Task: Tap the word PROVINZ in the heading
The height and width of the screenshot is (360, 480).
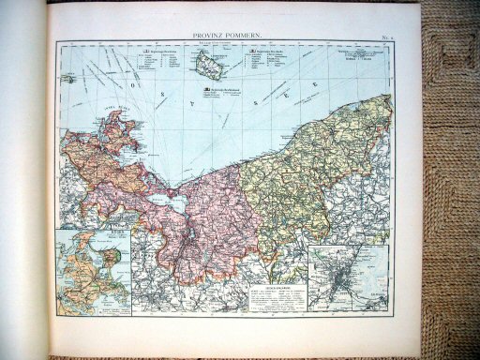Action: pos(211,35)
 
